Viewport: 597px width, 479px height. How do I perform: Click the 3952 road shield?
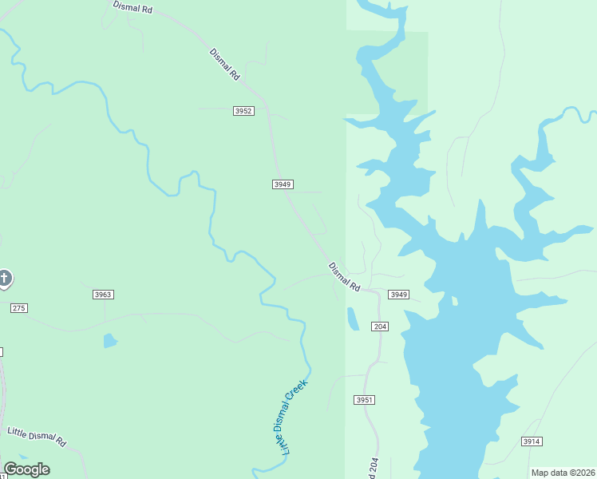(244, 111)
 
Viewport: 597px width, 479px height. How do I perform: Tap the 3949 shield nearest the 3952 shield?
(283, 184)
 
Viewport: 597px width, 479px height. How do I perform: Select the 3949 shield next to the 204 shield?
(399, 295)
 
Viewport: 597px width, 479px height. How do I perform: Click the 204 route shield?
(380, 327)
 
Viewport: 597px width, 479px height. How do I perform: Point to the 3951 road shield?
(364, 399)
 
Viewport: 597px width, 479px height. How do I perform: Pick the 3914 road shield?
(532, 441)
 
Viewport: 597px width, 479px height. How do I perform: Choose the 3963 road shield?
(103, 295)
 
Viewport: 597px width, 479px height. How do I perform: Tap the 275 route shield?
(19, 308)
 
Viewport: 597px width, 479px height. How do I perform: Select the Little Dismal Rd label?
(36, 436)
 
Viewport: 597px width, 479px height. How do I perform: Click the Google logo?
(26, 469)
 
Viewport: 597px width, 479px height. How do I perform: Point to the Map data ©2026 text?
(563, 473)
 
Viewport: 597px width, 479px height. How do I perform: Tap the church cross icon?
(4, 279)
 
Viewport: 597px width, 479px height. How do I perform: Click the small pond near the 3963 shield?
(109, 341)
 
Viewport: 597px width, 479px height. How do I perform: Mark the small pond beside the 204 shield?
(353, 319)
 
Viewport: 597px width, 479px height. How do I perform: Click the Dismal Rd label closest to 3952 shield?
(225, 64)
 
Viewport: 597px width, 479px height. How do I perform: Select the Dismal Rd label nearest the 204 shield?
(345, 276)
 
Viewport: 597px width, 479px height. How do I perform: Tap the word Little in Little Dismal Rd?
(18, 432)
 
